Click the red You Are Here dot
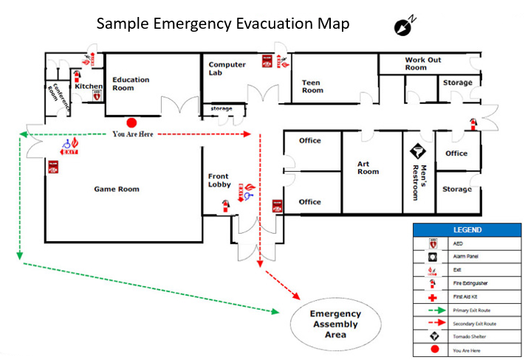(131, 122)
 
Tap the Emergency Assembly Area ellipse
(334, 324)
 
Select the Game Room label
(117, 190)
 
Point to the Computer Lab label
(227, 69)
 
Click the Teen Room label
(312, 87)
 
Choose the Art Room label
(368, 167)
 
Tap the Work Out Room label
(423, 63)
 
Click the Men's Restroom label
(419, 181)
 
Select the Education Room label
(131, 84)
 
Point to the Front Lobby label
(219, 180)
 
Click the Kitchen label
(89, 86)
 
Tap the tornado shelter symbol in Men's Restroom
(418, 150)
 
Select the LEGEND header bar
(467, 230)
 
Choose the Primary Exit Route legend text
(474, 310)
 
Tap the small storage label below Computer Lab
(222, 109)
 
